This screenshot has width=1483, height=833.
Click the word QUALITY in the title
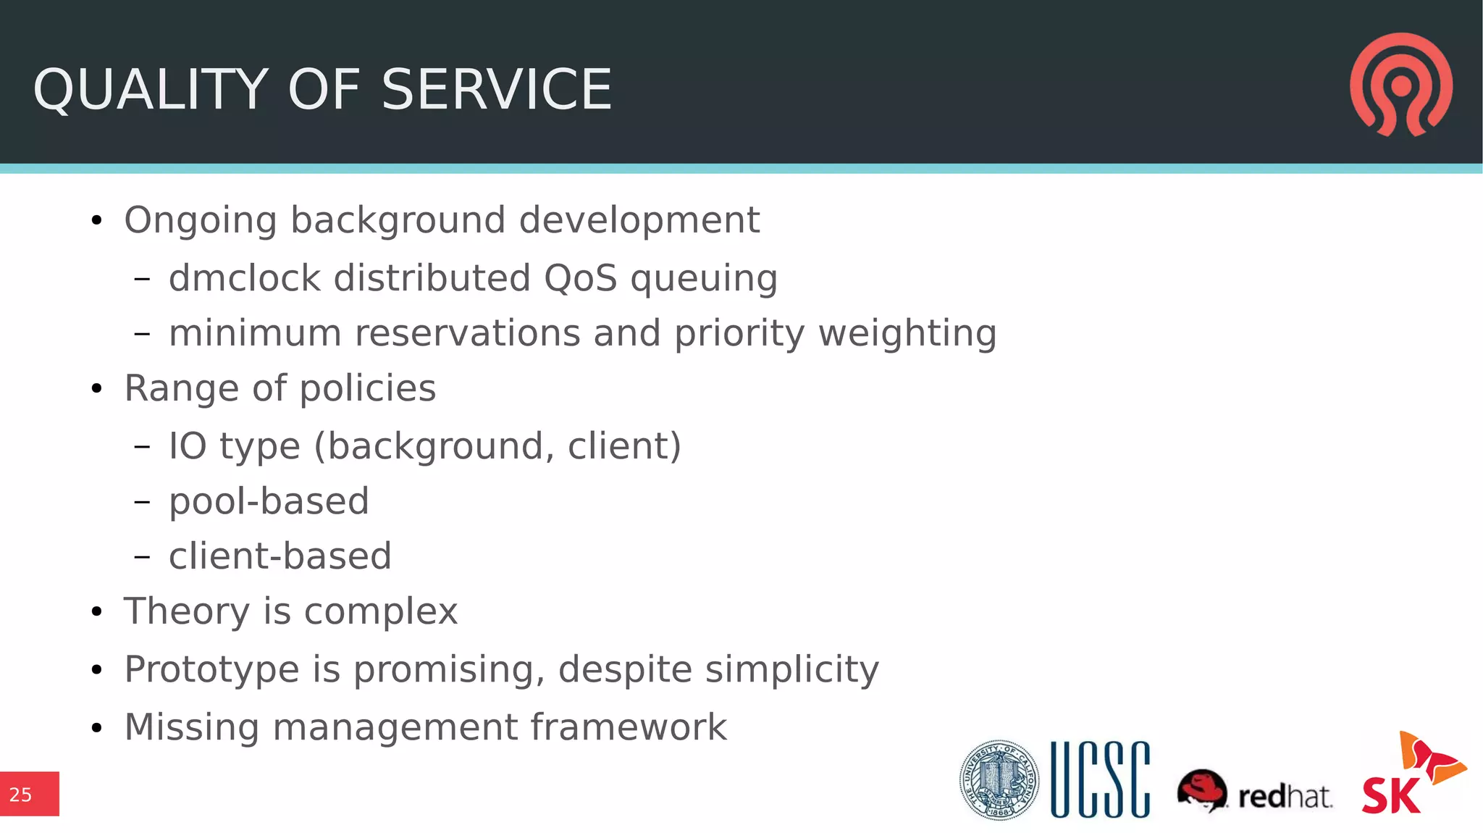(151, 90)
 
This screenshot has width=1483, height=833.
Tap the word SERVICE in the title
(497, 90)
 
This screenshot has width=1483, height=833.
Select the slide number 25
(21, 795)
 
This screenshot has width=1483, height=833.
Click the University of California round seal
(999, 780)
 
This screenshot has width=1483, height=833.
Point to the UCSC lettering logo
(1100, 780)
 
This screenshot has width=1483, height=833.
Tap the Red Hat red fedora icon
(1202, 790)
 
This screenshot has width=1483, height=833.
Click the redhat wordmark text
(1285, 796)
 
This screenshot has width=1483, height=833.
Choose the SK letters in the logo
(1390, 795)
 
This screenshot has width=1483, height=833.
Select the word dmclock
(244, 278)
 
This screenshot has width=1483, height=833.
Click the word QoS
(580, 278)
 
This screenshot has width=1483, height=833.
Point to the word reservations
(468, 333)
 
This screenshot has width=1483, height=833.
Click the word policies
(368, 389)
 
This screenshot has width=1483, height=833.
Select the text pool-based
(269, 501)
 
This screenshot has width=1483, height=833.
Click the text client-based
(280, 556)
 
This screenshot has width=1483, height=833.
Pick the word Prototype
(211, 670)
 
